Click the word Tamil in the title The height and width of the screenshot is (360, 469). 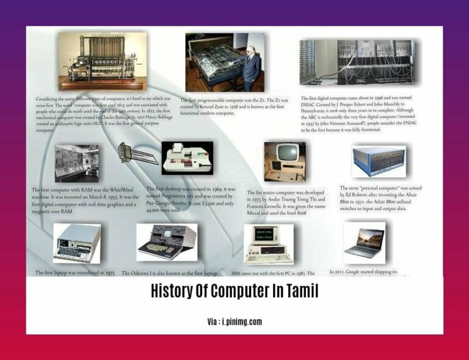(299, 292)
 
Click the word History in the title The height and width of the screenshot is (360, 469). (175, 292)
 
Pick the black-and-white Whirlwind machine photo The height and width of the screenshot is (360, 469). (76, 163)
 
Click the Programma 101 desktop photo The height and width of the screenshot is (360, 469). (187, 158)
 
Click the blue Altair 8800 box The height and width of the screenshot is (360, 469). (379, 161)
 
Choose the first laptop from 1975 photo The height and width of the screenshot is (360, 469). (76, 243)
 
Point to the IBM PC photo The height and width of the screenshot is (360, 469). (268, 244)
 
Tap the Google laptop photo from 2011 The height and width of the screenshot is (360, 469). (364, 242)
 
